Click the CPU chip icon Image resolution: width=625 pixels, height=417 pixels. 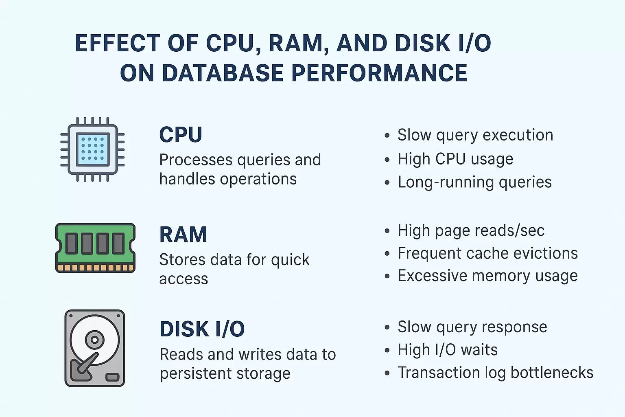point(92,149)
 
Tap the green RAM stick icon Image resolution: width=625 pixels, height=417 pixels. point(95,248)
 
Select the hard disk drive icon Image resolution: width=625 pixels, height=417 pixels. point(95,348)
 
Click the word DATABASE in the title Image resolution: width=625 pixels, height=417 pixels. point(223,73)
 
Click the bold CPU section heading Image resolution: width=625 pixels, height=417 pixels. point(181,135)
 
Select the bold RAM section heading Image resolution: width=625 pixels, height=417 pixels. point(183,235)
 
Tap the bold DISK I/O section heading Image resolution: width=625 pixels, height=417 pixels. point(202,329)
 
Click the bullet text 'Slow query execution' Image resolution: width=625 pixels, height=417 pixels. point(475,135)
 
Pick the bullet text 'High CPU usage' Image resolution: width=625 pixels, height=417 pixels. point(455,159)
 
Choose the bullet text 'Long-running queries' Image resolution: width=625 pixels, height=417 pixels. point(474,182)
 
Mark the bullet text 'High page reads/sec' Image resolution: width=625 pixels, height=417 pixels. point(471,231)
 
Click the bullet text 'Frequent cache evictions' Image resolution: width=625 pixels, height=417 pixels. point(487,253)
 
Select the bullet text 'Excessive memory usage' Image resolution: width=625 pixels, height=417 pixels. point(487,276)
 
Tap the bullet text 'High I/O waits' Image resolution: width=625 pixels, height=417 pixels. point(448,350)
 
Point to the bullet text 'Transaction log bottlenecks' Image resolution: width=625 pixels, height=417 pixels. point(495,373)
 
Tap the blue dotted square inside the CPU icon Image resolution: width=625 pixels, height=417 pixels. point(92,149)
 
